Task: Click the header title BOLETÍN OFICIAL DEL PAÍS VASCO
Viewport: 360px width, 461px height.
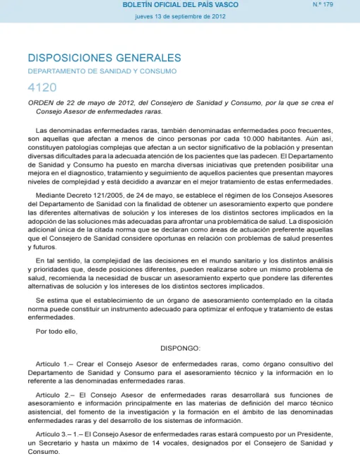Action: (181, 5)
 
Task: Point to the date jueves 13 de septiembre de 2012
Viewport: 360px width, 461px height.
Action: (181, 17)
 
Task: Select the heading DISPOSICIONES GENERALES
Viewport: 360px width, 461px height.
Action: (104, 58)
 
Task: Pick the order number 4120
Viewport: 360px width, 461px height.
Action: (41, 87)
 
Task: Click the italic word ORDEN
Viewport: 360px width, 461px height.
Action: (41, 103)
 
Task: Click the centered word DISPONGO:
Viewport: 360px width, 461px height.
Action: (181, 347)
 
